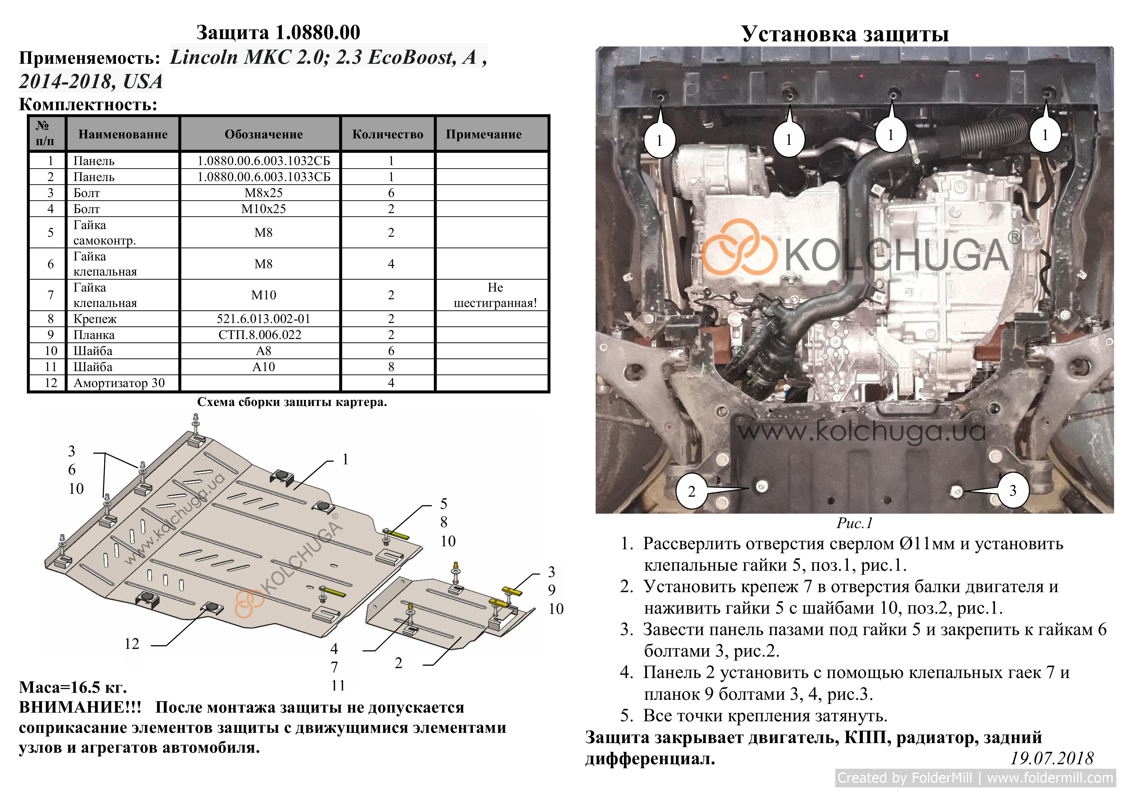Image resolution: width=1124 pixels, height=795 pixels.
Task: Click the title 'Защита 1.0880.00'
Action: [278, 32]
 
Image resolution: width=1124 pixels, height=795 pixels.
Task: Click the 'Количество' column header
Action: [388, 134]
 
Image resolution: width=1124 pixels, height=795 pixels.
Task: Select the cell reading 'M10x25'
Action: [263, 209]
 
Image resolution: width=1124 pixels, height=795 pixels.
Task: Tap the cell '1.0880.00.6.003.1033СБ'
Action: [263, 177]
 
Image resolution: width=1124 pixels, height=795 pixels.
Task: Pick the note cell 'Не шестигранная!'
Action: [495, 295]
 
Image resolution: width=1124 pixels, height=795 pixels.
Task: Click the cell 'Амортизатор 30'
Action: [119, 383]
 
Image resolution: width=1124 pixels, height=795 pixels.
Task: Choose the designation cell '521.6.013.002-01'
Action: [263, 319]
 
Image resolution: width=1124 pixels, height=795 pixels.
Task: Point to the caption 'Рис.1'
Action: [854, 523]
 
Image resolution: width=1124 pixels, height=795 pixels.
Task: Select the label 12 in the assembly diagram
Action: [132, 644]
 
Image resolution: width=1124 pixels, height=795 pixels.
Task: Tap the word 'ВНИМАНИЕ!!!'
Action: [80, 708]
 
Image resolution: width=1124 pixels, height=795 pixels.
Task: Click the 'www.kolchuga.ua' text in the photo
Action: [862, 431]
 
